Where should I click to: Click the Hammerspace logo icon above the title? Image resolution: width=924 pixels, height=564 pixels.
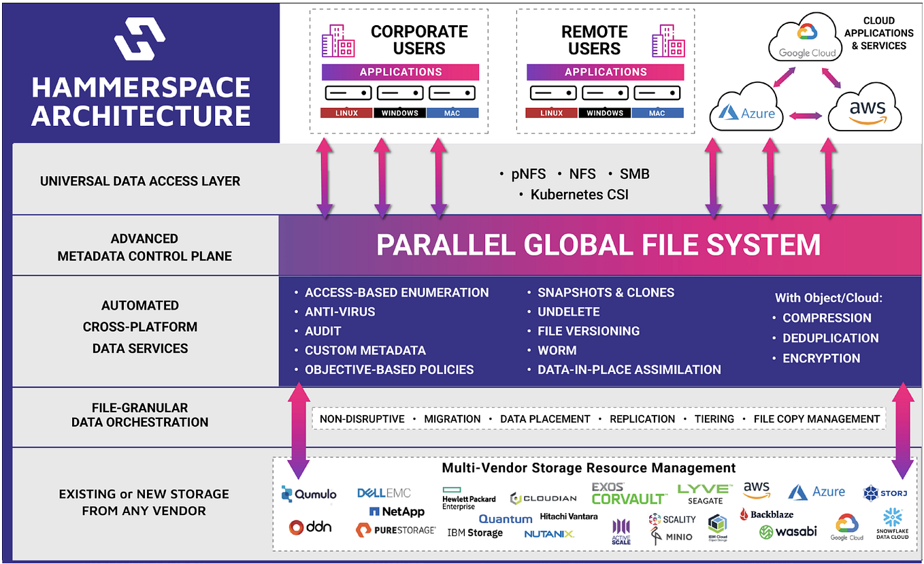pos(139,39)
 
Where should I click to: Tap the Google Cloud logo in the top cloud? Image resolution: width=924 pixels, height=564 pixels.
pos(807,42)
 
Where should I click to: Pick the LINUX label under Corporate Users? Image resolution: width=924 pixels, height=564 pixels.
pos(347,113)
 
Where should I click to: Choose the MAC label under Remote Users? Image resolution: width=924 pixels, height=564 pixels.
pos(657,113)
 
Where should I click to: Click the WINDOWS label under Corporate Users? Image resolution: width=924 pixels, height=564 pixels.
pos(400,113)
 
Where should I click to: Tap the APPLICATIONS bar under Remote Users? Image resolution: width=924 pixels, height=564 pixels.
pos(605,72)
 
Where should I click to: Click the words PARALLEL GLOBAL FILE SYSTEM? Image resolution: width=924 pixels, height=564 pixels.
pos(598,245)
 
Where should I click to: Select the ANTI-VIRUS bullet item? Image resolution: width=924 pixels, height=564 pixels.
pos(340,312)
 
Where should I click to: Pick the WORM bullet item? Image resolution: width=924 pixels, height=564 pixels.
pos(557,350)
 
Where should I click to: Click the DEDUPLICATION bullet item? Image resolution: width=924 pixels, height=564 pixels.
pos(830,338)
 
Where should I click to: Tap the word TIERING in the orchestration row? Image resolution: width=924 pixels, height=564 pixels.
pos(714,419)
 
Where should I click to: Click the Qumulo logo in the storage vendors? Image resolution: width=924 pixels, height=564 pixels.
pos(309,495)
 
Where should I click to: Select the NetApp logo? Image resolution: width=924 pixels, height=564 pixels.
pos(397,512)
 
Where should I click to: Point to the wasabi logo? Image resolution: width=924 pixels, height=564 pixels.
pos(788,531)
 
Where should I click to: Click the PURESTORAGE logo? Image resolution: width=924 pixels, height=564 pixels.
pos(395,529)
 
